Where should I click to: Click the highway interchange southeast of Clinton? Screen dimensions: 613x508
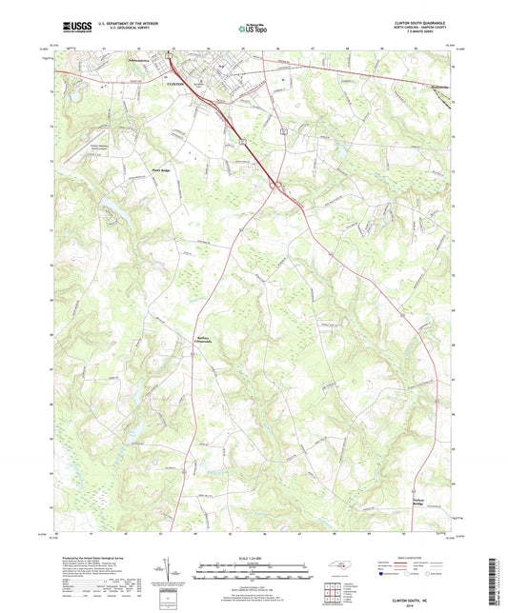pos(276,186)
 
